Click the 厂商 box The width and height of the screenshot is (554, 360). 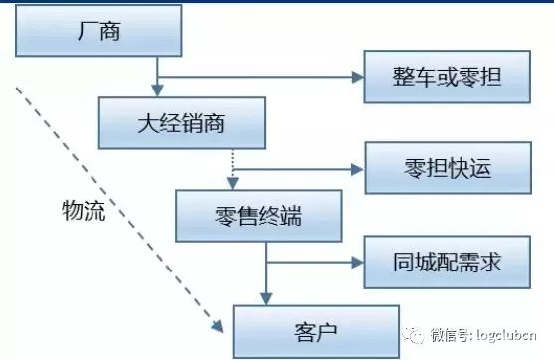[98, 31]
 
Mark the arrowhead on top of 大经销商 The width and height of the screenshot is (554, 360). [157, 92]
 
